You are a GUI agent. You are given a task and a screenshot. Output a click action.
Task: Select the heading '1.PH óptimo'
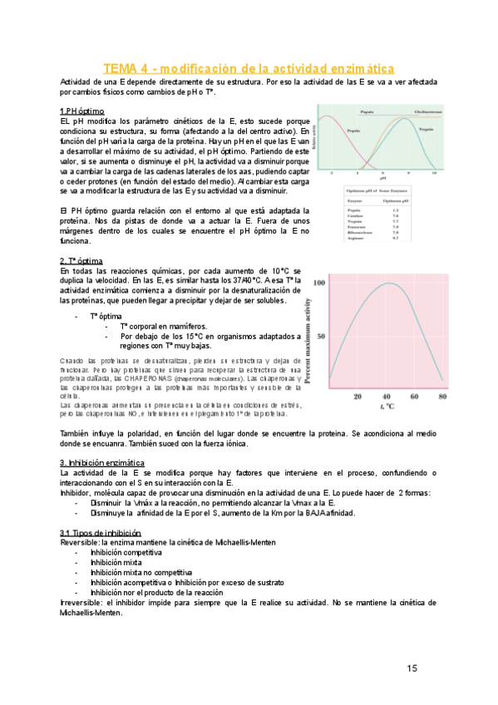coord(81,111)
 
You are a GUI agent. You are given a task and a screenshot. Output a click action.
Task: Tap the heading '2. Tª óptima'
coord(83,261)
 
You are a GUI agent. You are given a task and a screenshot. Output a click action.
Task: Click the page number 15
coord(412,668)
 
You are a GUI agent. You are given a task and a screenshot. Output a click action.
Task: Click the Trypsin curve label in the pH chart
coord(426,131)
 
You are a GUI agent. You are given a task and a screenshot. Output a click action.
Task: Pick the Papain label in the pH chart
coord(366,111)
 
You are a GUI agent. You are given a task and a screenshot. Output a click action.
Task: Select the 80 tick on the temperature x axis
coord(441,397)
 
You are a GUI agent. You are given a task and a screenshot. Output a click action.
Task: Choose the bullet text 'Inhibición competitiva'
coord(126,552)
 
